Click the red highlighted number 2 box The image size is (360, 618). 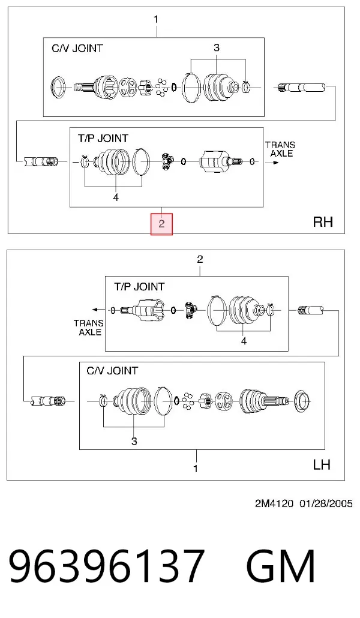point(161,224)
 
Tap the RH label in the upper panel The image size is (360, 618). point(323,221)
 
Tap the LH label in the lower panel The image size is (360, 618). point(322,464)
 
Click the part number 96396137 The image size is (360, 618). point(106,566)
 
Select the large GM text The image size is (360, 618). point(281,566)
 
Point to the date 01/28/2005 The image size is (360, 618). point(326,504)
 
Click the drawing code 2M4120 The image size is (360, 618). point(274,504)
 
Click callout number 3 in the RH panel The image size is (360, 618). point(217,47)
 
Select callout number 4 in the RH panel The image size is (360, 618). point(116,197)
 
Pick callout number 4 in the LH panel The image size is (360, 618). point(244,341)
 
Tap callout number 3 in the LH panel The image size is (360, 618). point(134,441)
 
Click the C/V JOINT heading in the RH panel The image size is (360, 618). point(77,49)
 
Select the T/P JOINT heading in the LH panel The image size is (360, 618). point(139,287)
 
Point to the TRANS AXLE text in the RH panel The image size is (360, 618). point(280,149)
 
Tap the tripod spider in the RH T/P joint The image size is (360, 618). point(167,161)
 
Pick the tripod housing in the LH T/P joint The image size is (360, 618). point(146,310)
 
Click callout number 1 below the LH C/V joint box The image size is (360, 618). point(196,469)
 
